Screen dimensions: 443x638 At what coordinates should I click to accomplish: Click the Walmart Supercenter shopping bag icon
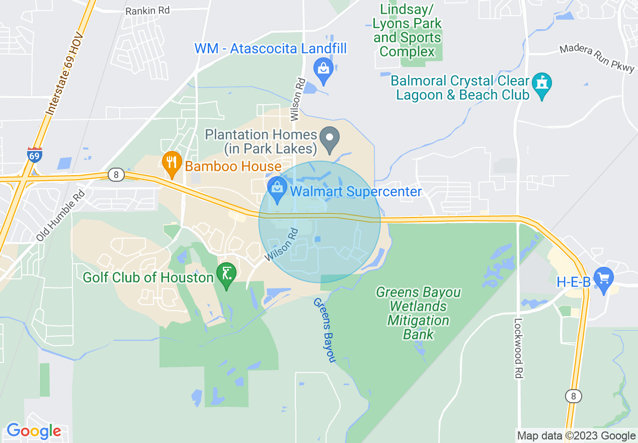click(276, 189)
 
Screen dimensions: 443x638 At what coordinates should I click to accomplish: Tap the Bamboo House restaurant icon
click(172, 163)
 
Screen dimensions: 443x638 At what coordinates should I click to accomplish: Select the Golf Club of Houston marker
click(226, 275)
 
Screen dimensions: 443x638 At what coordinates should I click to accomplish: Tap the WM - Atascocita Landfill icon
click(324, 68)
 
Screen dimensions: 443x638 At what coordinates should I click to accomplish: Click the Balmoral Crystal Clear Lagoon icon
click(542, 84)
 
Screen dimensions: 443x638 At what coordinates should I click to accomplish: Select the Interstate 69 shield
click(34, 156)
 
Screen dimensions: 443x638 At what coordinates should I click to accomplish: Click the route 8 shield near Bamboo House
click(116, 175)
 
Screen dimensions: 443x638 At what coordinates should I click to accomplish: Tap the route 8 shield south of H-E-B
click(573, 396)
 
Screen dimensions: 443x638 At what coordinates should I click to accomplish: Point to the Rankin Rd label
click(148, 10)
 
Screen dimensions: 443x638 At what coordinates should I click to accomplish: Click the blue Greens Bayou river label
click(325, 330)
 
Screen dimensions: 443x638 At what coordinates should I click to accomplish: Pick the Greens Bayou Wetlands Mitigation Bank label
click(419, 313)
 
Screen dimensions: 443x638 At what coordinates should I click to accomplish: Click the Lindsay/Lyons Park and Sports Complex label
click(408, 30)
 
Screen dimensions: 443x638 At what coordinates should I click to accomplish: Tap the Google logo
click(34, 431)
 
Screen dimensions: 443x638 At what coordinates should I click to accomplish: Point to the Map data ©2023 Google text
click(577, 436)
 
